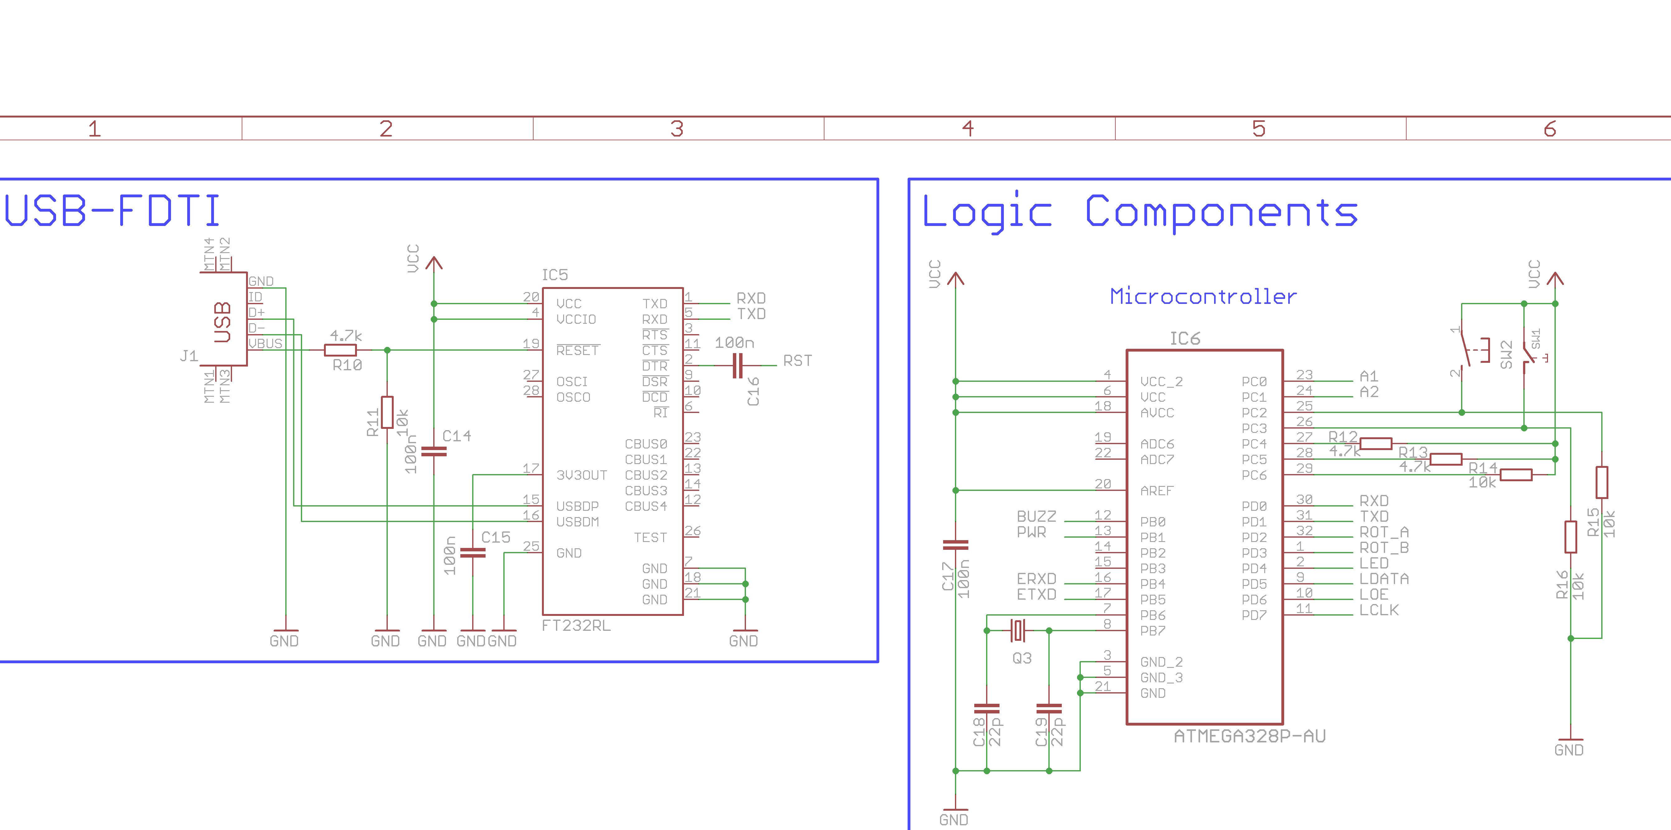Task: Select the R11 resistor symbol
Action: pyautogui.click(x=387, y=412)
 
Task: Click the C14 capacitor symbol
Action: pyautogui.click(x=434, y=451)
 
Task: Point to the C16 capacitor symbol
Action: pyautogui.click(x=738, y=365)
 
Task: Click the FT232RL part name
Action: pyautogui.click(x=576, y=626)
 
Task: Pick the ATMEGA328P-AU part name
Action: pyautogui.click(x=1249, y=736)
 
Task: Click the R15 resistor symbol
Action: pyautogui.click(x=1602, y=482)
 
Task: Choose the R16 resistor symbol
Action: pyautogui.click(x=1570, y=537)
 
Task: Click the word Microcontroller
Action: pyautogui.click(x=1203, y=297)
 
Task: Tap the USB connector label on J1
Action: pyautogui.click(x=222, y=321)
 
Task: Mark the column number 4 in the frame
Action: pyautogui.click(x=968, y=128)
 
